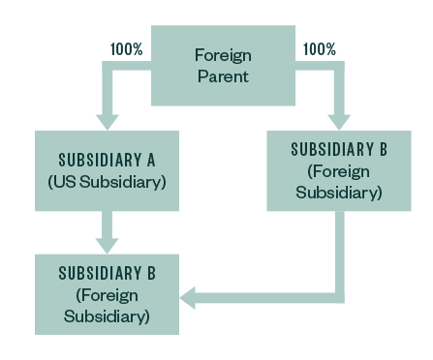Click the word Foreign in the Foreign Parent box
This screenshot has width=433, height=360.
tap(222, 54)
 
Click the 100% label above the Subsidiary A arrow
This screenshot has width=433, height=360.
tap(127, 48)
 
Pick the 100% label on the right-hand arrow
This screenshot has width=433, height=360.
tap(319, 48)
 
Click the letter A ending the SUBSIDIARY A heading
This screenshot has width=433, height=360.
tap(177, 159)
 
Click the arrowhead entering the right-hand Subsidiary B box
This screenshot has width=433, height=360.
tap(338, 120)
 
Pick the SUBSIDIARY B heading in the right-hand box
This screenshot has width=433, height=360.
tap(339, 150)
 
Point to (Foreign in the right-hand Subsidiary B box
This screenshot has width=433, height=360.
tap(339, 171)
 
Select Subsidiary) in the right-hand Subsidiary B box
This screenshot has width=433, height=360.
tap(339, 193)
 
